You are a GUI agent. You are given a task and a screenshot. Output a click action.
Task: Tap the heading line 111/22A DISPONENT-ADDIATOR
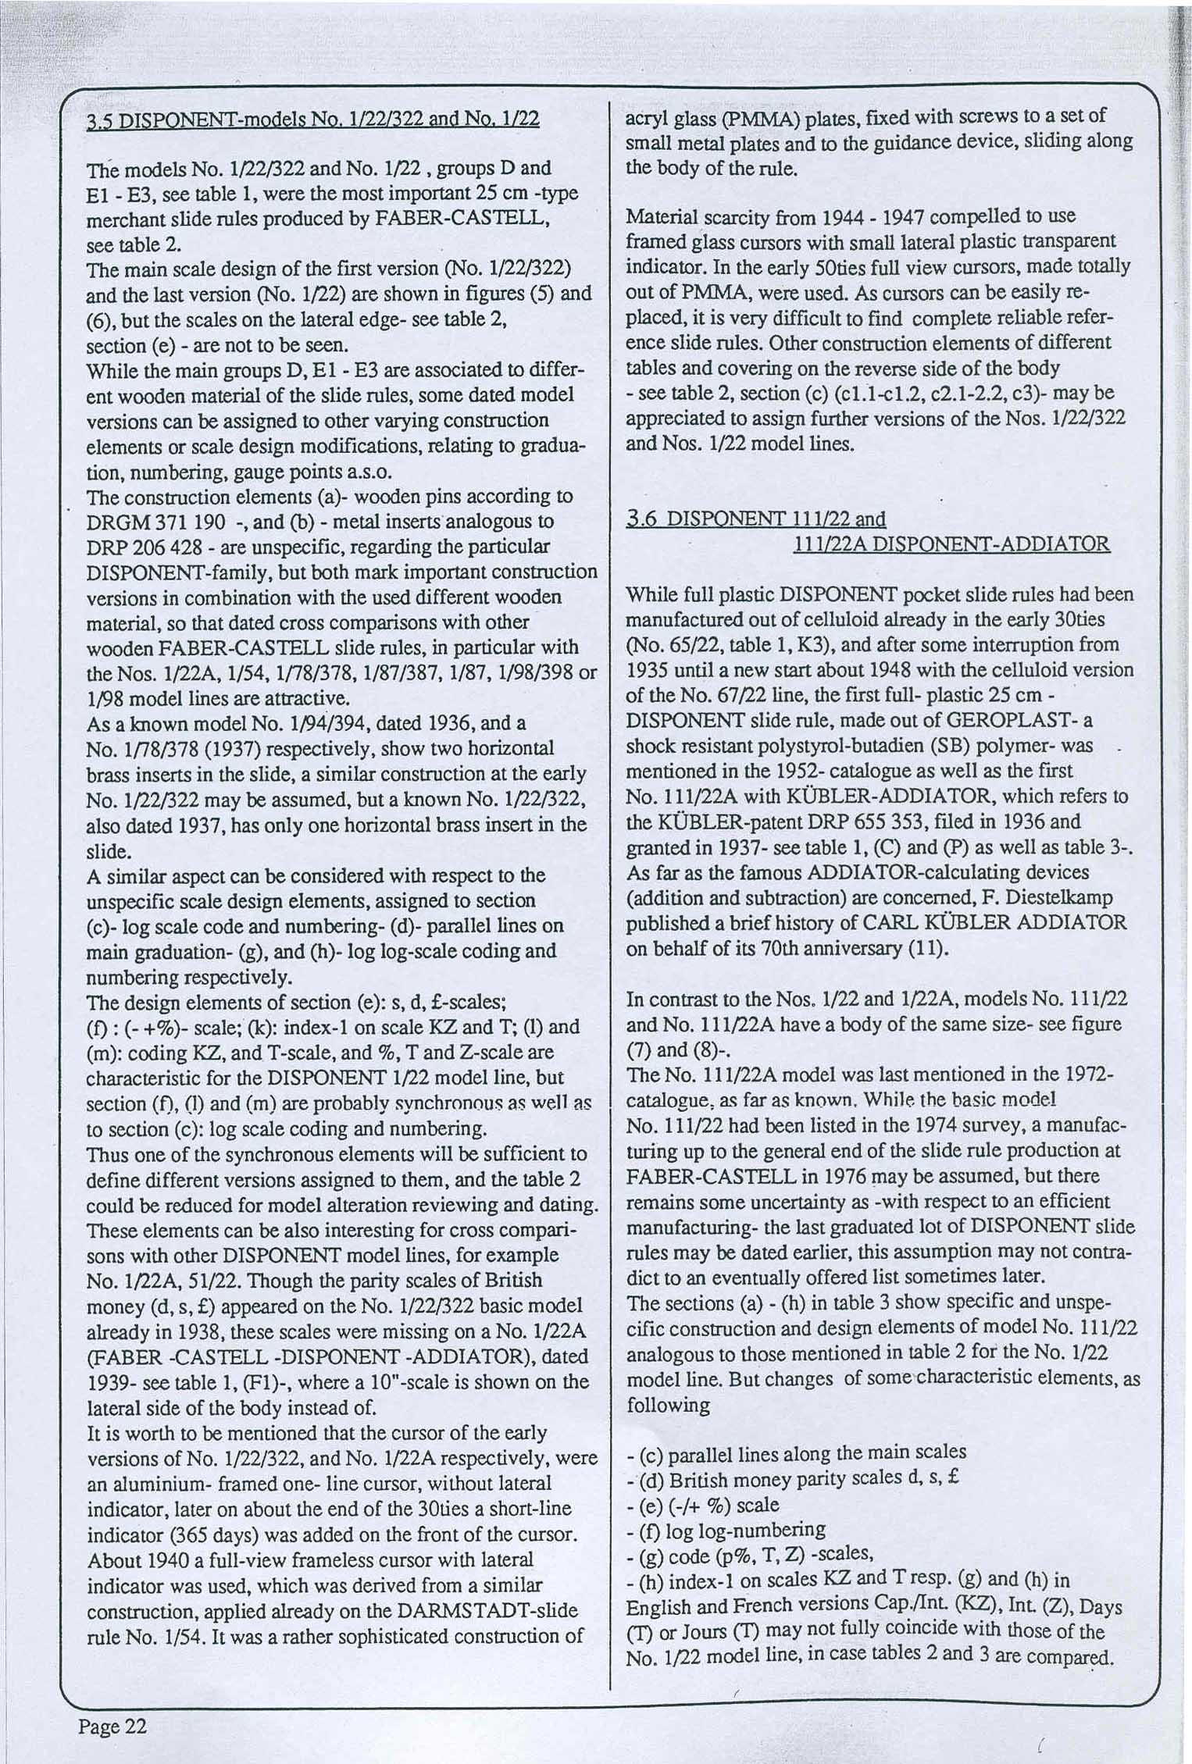(x=951, y=543)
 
